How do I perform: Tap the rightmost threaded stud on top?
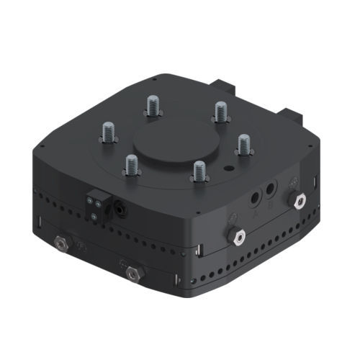243,145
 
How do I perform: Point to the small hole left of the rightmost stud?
229,168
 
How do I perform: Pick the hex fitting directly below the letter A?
235,235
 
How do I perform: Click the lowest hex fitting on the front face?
132,274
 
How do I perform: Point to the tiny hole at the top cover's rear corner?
156,78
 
